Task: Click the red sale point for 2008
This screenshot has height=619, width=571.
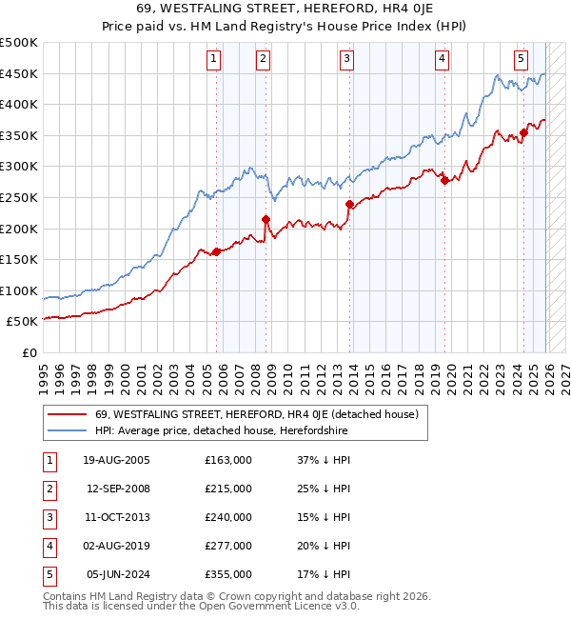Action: (x=266, y=219)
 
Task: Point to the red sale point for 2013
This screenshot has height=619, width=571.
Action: (x=349, y=204)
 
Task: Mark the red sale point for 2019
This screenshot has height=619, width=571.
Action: (x=444, y=181)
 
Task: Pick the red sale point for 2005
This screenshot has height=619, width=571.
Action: (x=216, y=251)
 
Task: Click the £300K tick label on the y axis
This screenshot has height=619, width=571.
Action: (x=19, y=167)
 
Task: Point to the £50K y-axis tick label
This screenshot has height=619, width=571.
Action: (x=23, y=322)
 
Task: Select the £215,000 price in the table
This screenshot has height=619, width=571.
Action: (x=228, y=489)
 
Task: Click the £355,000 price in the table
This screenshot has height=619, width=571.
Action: (x=228, y=574)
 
